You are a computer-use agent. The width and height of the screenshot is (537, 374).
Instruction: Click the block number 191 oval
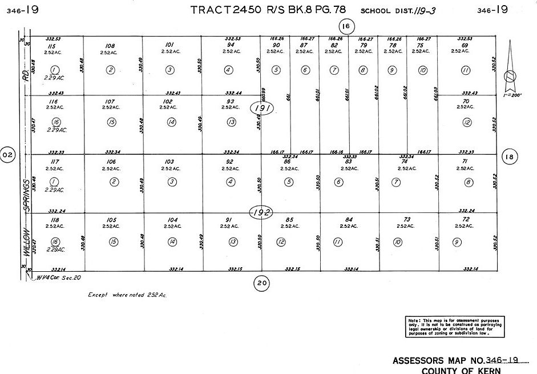pyautogui.click(x=263, y=108)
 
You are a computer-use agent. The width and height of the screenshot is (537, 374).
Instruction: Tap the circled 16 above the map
pyautogui.click(x=346, y=26)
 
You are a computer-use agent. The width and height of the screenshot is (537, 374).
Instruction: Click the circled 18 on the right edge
pyautogui.click(x=510, y=156)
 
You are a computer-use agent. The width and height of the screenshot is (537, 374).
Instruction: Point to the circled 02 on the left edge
pyautogui.click(x=7, y=155)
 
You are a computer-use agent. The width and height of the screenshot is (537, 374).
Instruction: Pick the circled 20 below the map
pyautogui.click(x=261, y=281)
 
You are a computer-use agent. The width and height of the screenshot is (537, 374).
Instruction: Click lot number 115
pyautogui.click(x=52, y=46)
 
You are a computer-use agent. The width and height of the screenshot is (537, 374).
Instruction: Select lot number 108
pyautogui.click(x=111, y=45)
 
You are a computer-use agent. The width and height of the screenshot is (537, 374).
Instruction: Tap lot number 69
pyautogui.click(x=465, y=45)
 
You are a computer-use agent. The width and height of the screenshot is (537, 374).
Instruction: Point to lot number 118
pyautogui.click(x=55, y=220)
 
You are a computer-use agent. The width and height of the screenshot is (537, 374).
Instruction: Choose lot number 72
pyautogui.click(x=466, y=219)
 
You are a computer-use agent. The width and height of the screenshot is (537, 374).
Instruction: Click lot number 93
pyautogui.click(x=230, y=102)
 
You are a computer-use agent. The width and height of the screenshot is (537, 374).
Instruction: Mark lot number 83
pyautogui.click(x=348, y=162)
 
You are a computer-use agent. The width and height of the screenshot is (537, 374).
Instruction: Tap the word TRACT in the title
pyautogui.click(x=211, y=10)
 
